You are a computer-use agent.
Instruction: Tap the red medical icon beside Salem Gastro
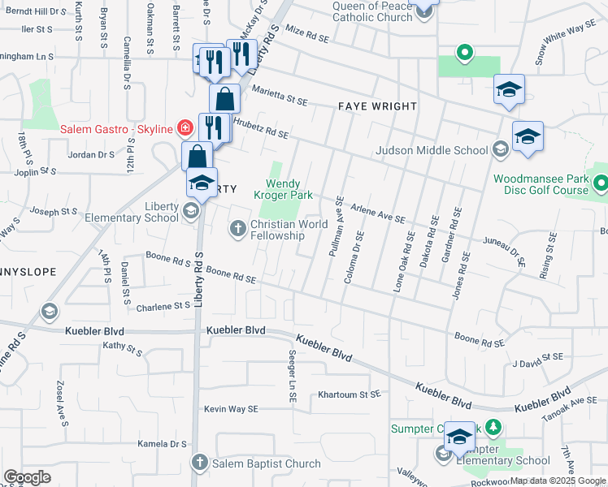coord(185,128)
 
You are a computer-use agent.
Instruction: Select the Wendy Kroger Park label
coord(284,189)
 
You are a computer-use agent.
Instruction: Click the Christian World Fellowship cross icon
coord(238,230)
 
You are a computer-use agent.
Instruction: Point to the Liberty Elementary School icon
coord(190,212)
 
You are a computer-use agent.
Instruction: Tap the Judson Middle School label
coord(431,149)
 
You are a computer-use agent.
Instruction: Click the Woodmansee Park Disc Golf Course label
coord(541,184)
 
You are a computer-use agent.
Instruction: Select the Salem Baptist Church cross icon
coord(200,463)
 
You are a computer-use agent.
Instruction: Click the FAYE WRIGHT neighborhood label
coord(378,106)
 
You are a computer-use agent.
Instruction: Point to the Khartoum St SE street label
coord(349,394)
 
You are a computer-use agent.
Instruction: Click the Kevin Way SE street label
coord(231,409)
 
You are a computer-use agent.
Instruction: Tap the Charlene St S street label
coord(163,307)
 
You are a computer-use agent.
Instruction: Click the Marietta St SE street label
coord(280,97)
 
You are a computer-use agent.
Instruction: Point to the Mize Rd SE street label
coord(306,34)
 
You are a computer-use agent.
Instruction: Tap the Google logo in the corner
coord(27,477)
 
